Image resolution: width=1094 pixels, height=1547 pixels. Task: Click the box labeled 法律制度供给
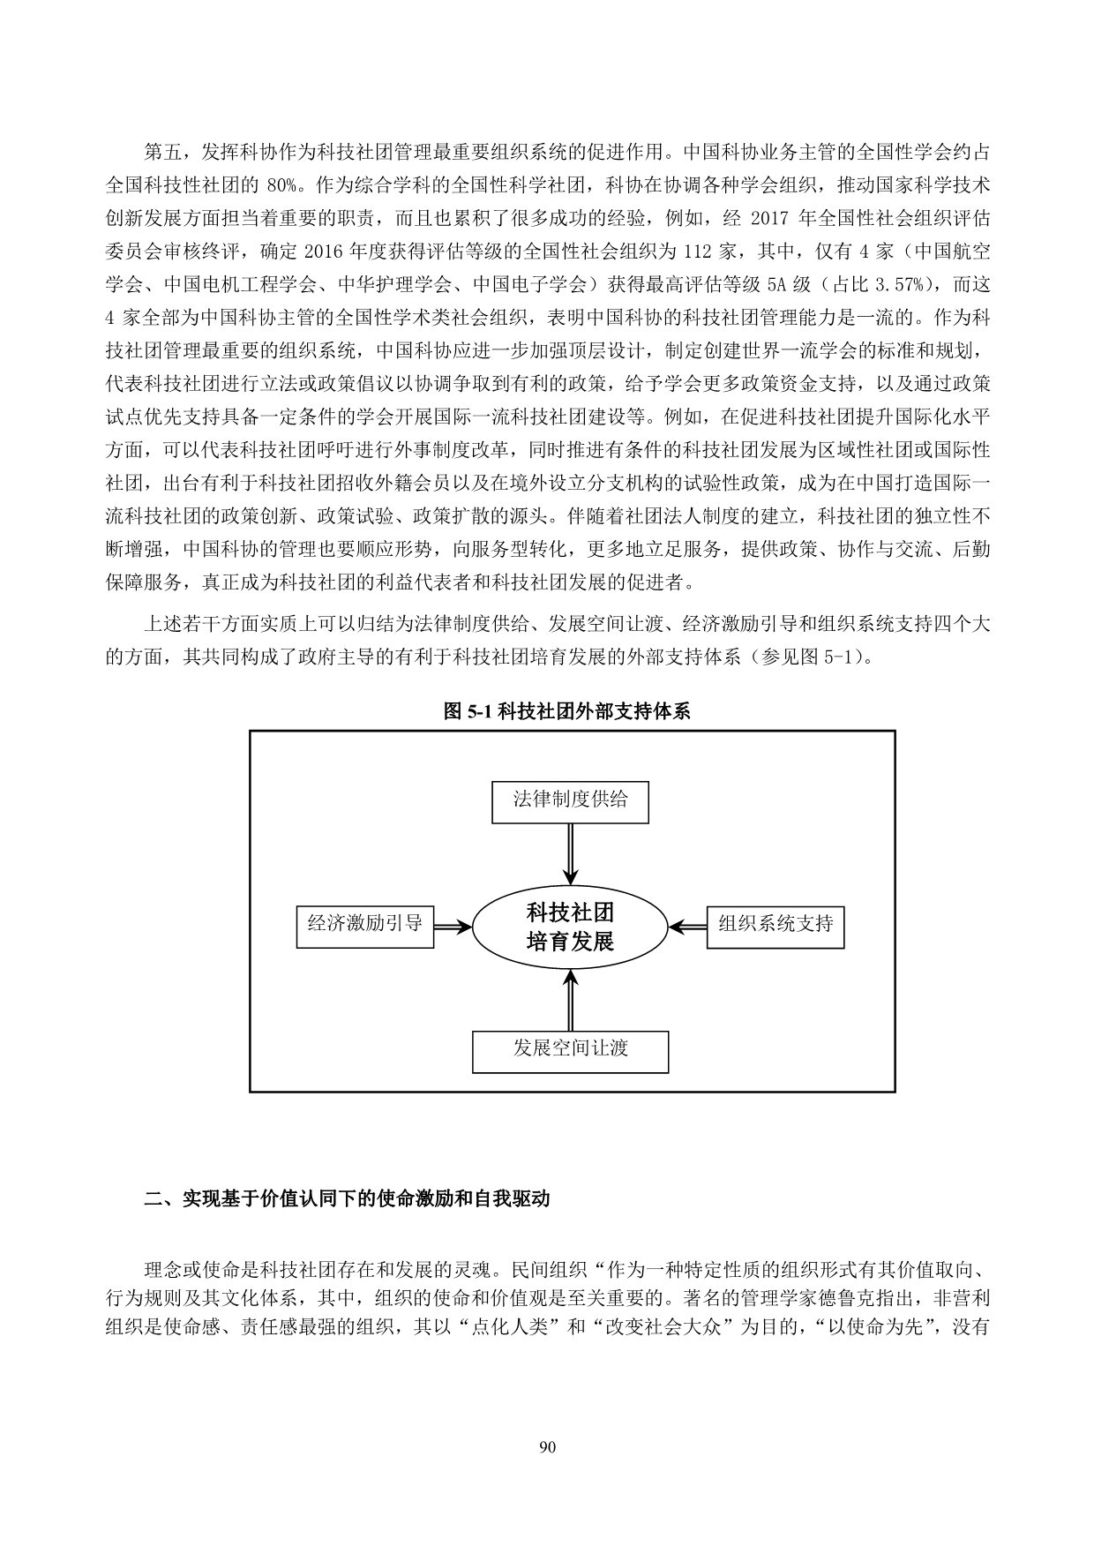570,801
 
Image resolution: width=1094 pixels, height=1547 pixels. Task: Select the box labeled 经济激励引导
365,926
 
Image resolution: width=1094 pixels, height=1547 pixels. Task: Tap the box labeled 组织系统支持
775,926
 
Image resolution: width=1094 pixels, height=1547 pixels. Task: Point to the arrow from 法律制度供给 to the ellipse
570,853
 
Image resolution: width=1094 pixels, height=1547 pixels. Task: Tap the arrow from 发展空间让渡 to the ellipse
570,1000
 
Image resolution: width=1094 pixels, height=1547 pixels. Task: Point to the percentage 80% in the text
281,186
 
